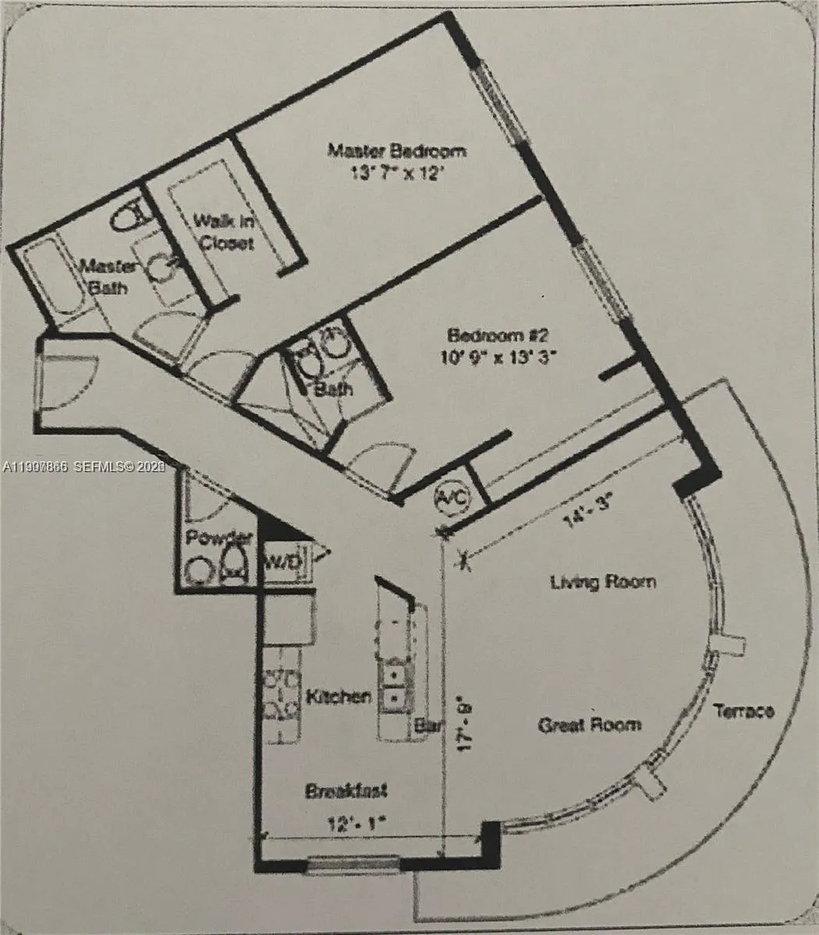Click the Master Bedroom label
396,150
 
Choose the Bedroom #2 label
499,336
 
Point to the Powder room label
218,538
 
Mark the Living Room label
603,581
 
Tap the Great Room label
590,725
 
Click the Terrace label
744,711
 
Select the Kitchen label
338,697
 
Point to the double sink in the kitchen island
393,683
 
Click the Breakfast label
346,792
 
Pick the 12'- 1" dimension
358,821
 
